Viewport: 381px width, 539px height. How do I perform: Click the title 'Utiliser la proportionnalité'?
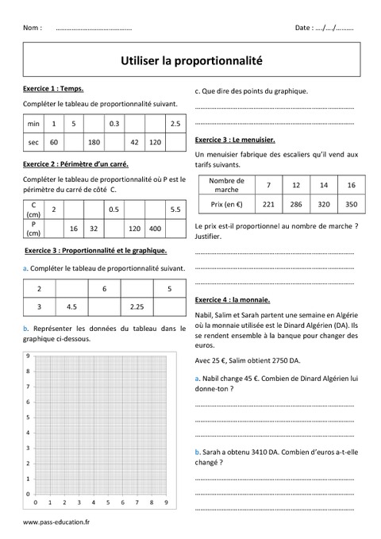[x=190, y=59]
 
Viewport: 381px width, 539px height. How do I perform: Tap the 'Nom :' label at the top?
[x=33, y=28]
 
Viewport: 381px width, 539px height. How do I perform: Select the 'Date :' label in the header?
[x=303, y=28]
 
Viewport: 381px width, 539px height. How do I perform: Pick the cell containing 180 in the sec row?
[x=94, y=143]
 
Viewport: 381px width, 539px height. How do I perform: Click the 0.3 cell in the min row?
[x=114, y=125]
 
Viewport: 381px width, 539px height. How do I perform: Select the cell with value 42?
[x=134, y=143]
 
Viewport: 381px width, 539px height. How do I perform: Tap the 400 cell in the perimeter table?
[x=155, y=229]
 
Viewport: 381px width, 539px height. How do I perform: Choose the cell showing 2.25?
[x=137, y=306]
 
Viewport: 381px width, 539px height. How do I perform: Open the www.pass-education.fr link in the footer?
[x=57, y=523]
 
